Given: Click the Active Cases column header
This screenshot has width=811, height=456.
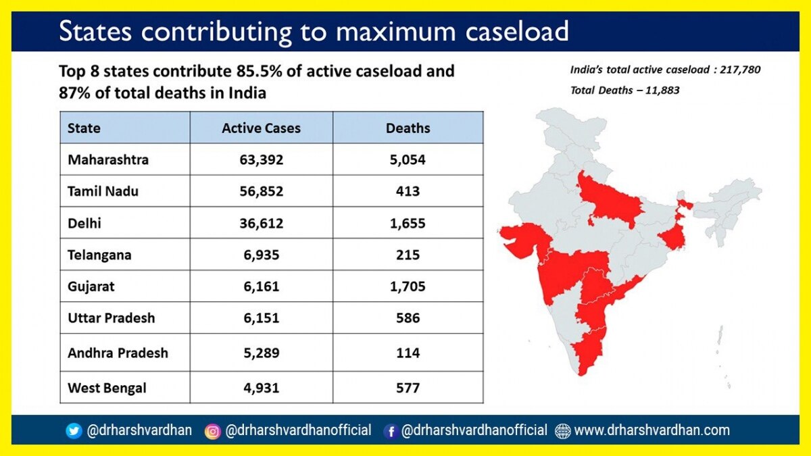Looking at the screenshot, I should click(261, 128).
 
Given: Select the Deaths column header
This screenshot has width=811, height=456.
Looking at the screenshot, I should click(408, 128).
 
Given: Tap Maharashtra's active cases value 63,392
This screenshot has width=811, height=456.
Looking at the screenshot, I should click(261, 160).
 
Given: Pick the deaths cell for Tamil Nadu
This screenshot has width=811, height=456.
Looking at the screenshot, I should click(408, 191).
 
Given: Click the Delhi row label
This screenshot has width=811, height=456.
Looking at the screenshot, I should click(84, 223).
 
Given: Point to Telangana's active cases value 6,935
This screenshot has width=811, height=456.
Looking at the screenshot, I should click(261, 255).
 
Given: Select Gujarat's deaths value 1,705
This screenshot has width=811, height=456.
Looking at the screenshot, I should click(408, 286).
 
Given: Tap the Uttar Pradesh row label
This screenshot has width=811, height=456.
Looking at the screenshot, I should click(112, 318).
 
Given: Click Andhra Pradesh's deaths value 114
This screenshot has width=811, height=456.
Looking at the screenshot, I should click(408, 353).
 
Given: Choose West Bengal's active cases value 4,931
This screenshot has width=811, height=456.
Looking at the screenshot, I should click(261, 388).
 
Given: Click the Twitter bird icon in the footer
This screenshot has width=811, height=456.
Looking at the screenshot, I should click(74, 431).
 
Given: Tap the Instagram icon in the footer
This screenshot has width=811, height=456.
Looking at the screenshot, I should click(213, 431).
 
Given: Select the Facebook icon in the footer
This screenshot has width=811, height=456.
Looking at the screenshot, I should click(390, 431).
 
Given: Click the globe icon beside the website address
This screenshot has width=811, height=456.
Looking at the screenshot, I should click(562, 431).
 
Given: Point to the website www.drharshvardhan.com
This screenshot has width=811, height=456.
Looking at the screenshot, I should click(652, 430).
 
